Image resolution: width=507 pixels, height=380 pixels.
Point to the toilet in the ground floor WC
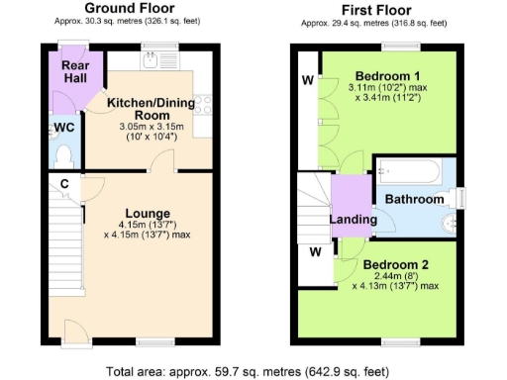coord(64,155)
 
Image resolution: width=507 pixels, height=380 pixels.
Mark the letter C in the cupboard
coord(62,183)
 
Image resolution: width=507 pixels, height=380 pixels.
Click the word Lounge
coord(147,213)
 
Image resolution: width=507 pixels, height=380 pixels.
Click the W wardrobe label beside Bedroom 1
coord(307,79)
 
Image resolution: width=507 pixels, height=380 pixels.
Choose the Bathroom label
coord(414,199)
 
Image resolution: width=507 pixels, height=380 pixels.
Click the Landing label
coord(353,219)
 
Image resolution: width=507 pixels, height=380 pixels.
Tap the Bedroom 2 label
coord(394,265)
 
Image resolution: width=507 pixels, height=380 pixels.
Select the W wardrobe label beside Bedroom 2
coord(315,251)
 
